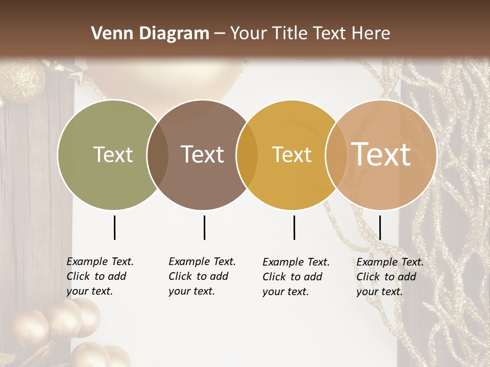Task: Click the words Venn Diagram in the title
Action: (150, 34)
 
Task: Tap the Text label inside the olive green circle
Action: (113, 154)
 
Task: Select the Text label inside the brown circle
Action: (203, 154)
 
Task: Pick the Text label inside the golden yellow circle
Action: (292, 154)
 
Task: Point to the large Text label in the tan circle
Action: (381, 154)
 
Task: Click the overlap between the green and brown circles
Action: (157, 154)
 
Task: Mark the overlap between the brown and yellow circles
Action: (247, 154)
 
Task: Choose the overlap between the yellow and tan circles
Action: (336, 154)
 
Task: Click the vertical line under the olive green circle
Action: (114, 227)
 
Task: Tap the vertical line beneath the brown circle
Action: (204, 227)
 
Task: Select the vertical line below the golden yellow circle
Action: (294, 227)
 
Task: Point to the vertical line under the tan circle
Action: (380, 227)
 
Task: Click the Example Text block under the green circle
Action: (100, 276)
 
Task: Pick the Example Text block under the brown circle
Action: (202, 276)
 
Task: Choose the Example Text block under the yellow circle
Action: (296, 277)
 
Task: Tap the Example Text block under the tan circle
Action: (389, 277)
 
